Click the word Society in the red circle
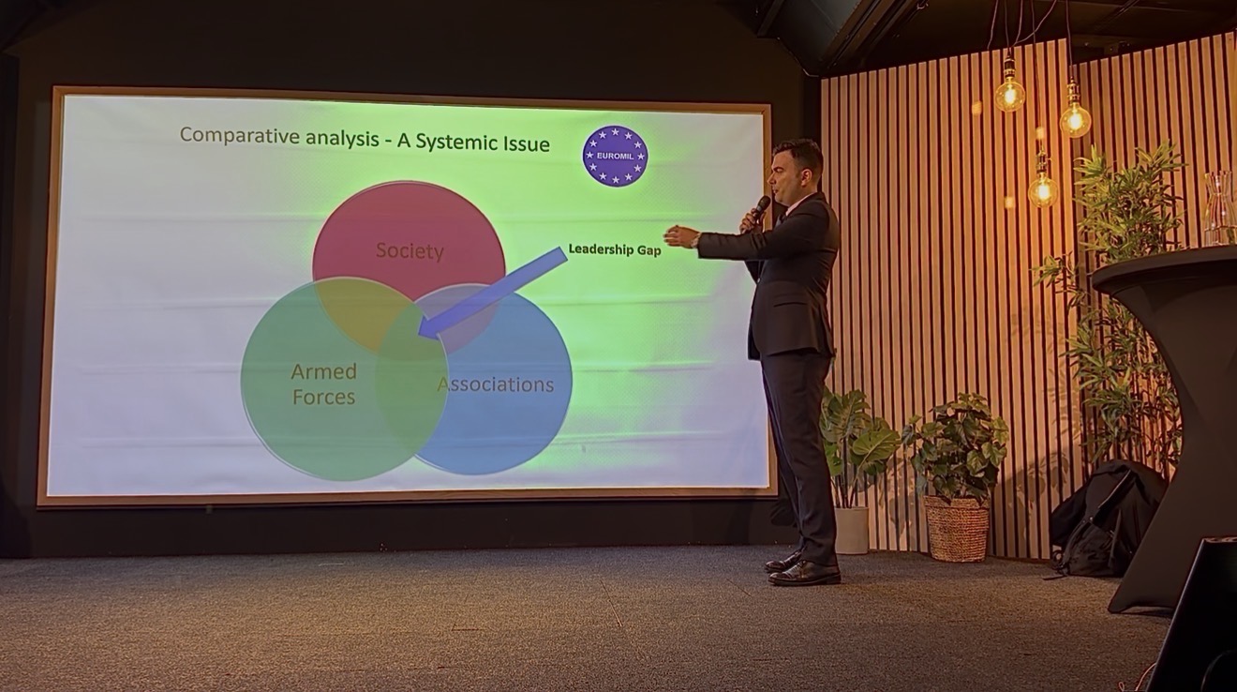410,251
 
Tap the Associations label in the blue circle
496,384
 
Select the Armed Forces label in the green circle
323,384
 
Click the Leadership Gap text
615,249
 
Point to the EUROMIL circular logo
615,156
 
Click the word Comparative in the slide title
239,136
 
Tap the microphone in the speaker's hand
755,212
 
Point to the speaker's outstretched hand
677,236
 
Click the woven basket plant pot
957,527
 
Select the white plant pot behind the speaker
851,530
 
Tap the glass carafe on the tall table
1219,209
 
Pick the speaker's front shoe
804,573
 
